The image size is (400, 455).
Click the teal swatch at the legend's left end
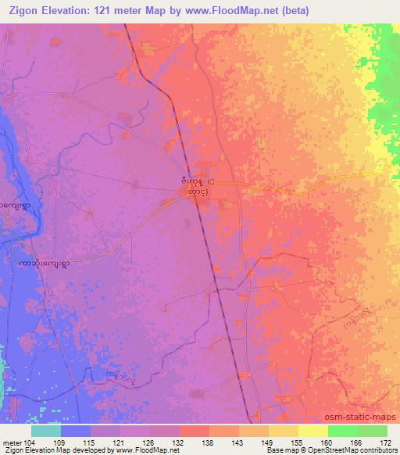46,431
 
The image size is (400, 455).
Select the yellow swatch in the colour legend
312,431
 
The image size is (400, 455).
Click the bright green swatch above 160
342,431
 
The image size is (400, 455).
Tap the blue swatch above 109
76,431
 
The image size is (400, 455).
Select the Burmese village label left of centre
45,265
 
